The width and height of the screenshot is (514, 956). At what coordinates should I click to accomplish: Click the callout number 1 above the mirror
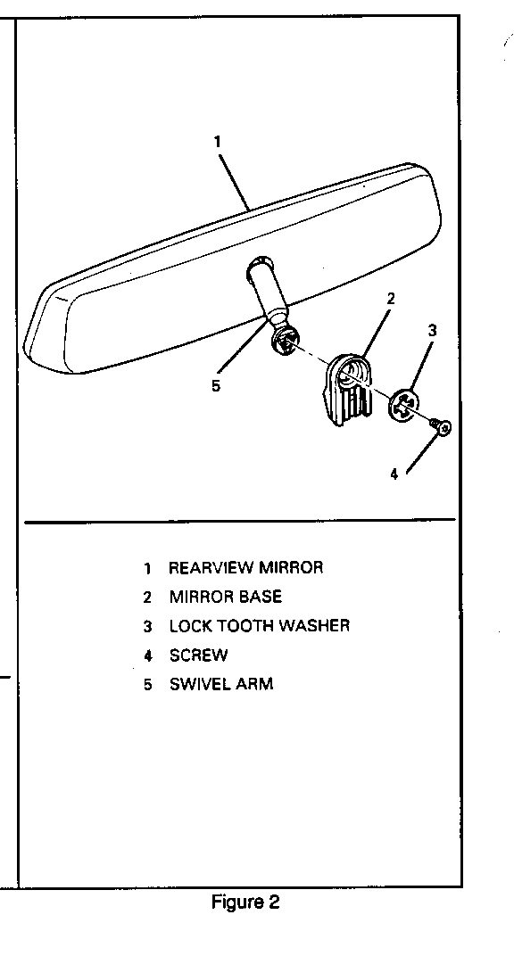coord(217,142)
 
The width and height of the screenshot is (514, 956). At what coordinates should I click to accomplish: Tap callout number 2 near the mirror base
coord(391,298)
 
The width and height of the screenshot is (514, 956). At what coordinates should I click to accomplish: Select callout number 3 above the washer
coord(432,331)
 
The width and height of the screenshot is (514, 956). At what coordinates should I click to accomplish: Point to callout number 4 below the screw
coord(394,474)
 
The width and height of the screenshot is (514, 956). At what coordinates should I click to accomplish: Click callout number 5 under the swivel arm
coord(216,386)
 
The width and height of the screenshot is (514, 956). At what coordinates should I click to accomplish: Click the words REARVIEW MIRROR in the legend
coord(245,567)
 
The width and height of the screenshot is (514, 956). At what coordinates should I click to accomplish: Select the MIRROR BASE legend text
coord(226,597)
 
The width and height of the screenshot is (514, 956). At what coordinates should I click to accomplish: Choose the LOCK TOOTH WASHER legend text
coord(260,625)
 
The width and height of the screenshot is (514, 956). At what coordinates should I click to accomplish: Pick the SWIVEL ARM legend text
coord(221,684)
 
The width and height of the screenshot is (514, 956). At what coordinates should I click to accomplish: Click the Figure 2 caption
coord(245,902)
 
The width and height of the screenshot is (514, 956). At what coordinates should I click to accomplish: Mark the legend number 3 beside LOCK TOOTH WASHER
coord(147,626)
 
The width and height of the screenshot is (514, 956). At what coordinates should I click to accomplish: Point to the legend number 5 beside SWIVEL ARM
coord(147,685)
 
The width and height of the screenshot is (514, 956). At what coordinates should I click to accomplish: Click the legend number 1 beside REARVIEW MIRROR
coord(147,568)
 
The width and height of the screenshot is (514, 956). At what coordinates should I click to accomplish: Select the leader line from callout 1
coord(234,182)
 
